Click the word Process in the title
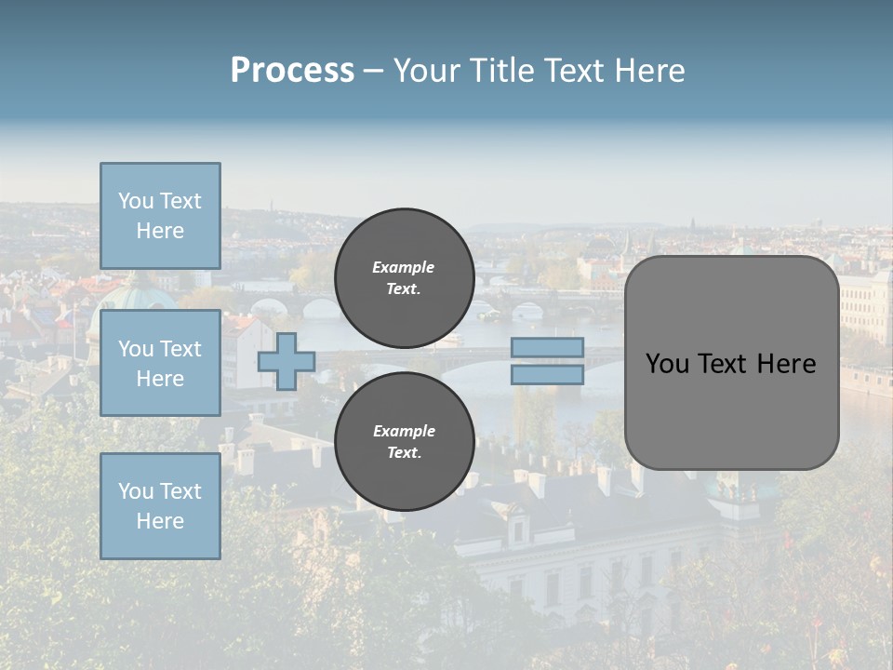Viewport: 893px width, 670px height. pos(292,71)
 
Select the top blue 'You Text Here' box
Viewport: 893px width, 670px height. pos(160,216)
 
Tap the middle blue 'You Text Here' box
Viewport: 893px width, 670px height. pos(160,363)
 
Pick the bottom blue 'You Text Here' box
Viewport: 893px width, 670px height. pos(160,506)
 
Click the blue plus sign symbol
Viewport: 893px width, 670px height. pos(287,361)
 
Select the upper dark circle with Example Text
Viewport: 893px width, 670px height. pos(404,278)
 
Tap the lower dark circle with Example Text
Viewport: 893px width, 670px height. pos(404,442)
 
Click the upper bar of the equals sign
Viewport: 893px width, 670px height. pos(547,348)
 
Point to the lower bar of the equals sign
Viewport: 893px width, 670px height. pos(547,374)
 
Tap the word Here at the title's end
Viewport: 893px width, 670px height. pos(650,71)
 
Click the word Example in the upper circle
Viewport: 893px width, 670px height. pos(404,267)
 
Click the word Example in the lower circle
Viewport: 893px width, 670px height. pos(404,431)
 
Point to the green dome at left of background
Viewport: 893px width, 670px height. pos(138,296)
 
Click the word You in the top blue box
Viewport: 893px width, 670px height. pos(136,201)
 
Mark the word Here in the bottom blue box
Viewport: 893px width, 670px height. pos(160,521)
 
